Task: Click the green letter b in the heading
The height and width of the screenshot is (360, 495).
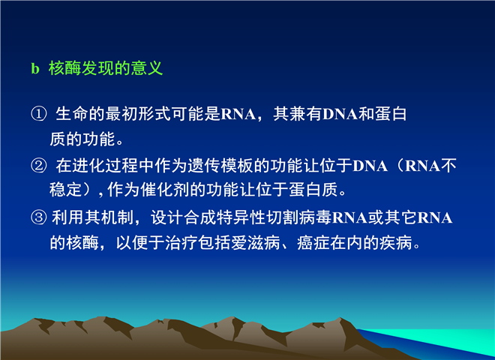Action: pyautogui.click(x=35, y=68)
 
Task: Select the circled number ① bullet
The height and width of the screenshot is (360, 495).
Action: pyautogui.click(x=38, y=114)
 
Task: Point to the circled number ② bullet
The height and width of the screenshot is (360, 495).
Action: pyautogui.click(x=38, y=165)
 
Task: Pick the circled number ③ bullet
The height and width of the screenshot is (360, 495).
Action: pyautogui.click(x=38, y=217)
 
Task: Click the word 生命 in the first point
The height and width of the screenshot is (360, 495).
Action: pyautogui.click(x=72, y=114)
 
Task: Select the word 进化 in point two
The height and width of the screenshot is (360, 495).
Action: pyautogui.click(x=88, y=166)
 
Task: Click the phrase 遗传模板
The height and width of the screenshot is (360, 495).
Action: pyautogui.click(x=220, y=166)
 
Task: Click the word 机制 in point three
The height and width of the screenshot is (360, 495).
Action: pyautogui.click(x=118, y=217)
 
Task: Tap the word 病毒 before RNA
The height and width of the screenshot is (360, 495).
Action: pyautogui.click(x=315, y=217)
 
